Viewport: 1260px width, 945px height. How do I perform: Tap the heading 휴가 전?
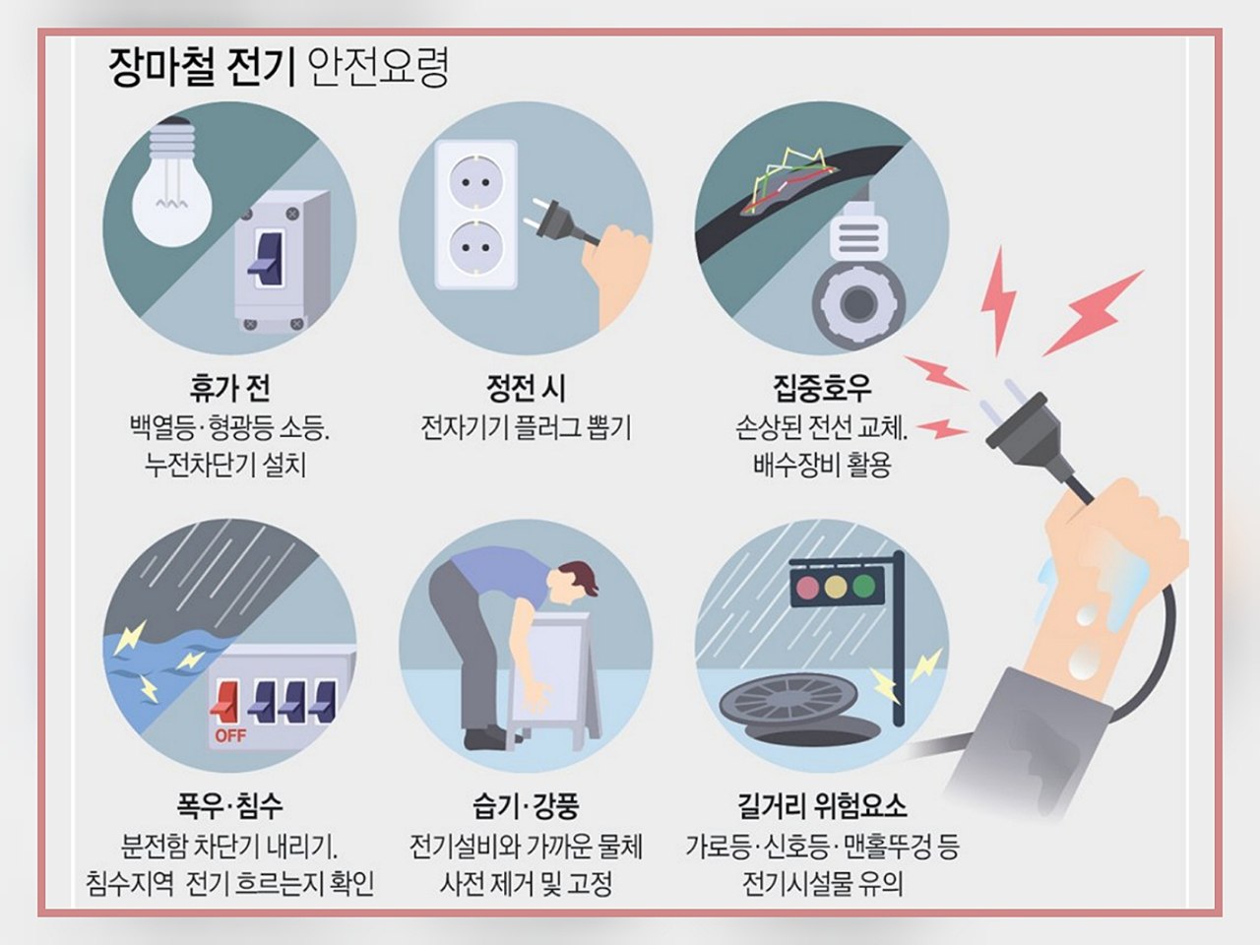229,389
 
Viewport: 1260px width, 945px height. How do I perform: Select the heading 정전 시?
526,389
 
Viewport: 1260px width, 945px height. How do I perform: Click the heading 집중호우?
822,389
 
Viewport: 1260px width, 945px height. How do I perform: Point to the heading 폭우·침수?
229,806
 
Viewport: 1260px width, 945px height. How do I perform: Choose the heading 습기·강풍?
526,806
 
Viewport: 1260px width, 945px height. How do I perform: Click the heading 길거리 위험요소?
822,806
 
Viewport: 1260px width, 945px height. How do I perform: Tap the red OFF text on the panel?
230,735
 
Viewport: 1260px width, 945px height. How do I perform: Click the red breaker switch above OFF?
225,701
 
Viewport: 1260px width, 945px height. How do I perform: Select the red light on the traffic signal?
807,587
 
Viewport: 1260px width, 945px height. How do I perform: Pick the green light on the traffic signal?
864,586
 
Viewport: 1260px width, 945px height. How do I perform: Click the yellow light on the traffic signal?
836,587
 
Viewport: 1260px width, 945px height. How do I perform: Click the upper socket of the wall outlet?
475,183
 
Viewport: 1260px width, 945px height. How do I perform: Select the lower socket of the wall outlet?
475,248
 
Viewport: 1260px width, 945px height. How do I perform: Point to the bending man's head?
577,586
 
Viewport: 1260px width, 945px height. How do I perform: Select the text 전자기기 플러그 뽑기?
526,427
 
